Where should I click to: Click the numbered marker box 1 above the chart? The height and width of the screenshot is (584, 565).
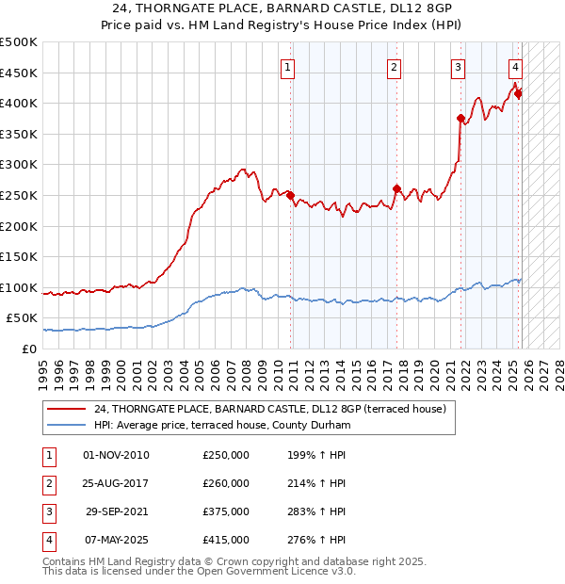[x=287, y=67]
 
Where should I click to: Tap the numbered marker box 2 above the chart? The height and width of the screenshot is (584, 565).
[x=394, y=67]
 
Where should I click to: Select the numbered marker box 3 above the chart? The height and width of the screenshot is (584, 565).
[x=458, y=67]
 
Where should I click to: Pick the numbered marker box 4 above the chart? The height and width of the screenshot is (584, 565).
[x=516, y=67]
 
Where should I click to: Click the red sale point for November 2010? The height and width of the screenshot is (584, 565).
[x=290, y=196]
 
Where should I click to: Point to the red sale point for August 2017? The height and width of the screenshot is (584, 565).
[x=396, y=188]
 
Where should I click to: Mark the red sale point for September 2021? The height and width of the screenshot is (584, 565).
[x=460, y=119]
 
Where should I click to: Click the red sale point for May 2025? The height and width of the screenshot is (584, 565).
[x=518, y=93]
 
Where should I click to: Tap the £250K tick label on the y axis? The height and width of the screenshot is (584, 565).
[x=18, y=195]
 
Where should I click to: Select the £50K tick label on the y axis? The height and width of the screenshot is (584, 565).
[x=22, y=318]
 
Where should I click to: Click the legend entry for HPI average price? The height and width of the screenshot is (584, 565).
[x=221, y=426]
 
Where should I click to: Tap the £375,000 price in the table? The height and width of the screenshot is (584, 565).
[x=226, y=512]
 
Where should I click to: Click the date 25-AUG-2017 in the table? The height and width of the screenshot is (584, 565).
[x=116, y=483]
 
